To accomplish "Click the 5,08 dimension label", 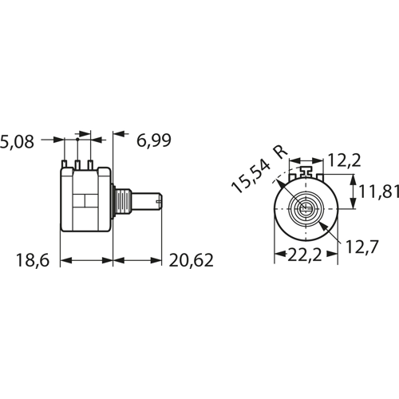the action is point(17,141).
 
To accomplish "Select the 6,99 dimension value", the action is point(154,140).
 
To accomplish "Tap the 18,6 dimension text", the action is point(33,260).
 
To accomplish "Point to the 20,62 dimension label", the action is point(191,260).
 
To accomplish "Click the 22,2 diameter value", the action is point(305,255).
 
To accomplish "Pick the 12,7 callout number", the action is point(361,247).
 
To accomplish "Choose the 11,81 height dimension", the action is point(379,192).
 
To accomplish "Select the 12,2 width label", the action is point(345,160).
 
